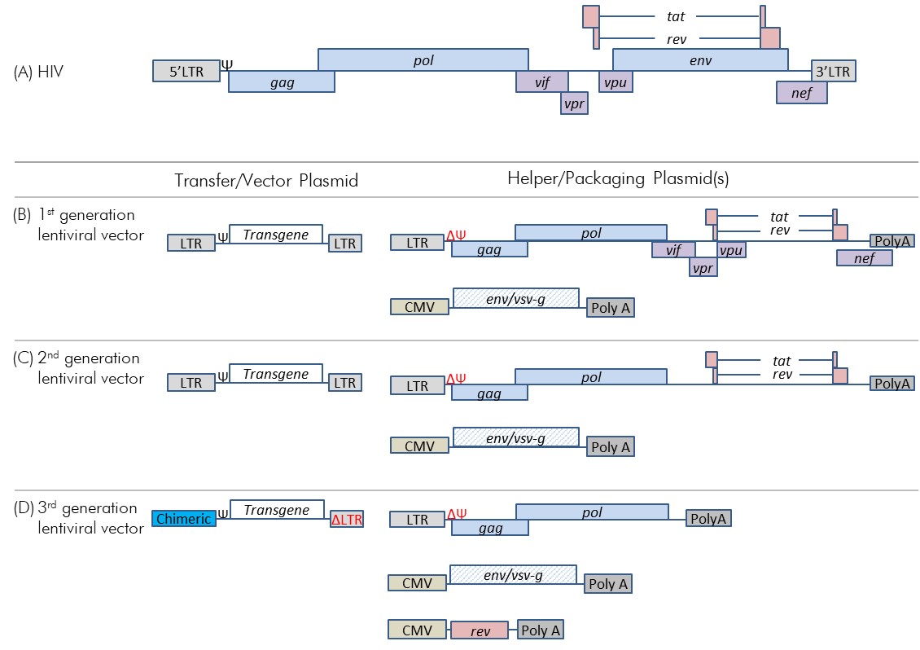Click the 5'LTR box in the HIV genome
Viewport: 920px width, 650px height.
186,71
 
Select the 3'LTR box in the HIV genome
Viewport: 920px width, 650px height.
832,71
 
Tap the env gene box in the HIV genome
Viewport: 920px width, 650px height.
699,59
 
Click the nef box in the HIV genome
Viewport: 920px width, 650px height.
801,93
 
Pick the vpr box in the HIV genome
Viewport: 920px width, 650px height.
573,103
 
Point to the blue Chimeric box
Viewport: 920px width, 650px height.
183,518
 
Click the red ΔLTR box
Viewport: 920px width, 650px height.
346,519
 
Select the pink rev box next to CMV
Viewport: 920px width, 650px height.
480,630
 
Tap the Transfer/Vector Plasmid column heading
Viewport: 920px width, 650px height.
266,180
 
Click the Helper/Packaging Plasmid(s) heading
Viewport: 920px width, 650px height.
619,180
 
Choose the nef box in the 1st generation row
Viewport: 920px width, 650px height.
864,257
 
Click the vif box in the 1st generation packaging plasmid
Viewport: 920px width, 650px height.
672,250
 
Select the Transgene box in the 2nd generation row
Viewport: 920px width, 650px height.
276,374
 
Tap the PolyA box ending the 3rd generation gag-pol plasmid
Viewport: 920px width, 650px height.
708,518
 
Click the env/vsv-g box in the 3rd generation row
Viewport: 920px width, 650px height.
513,575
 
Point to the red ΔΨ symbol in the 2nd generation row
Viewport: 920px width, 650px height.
456,380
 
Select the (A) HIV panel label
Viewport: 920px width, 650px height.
38,72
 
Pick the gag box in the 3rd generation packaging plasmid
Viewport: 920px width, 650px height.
490,528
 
